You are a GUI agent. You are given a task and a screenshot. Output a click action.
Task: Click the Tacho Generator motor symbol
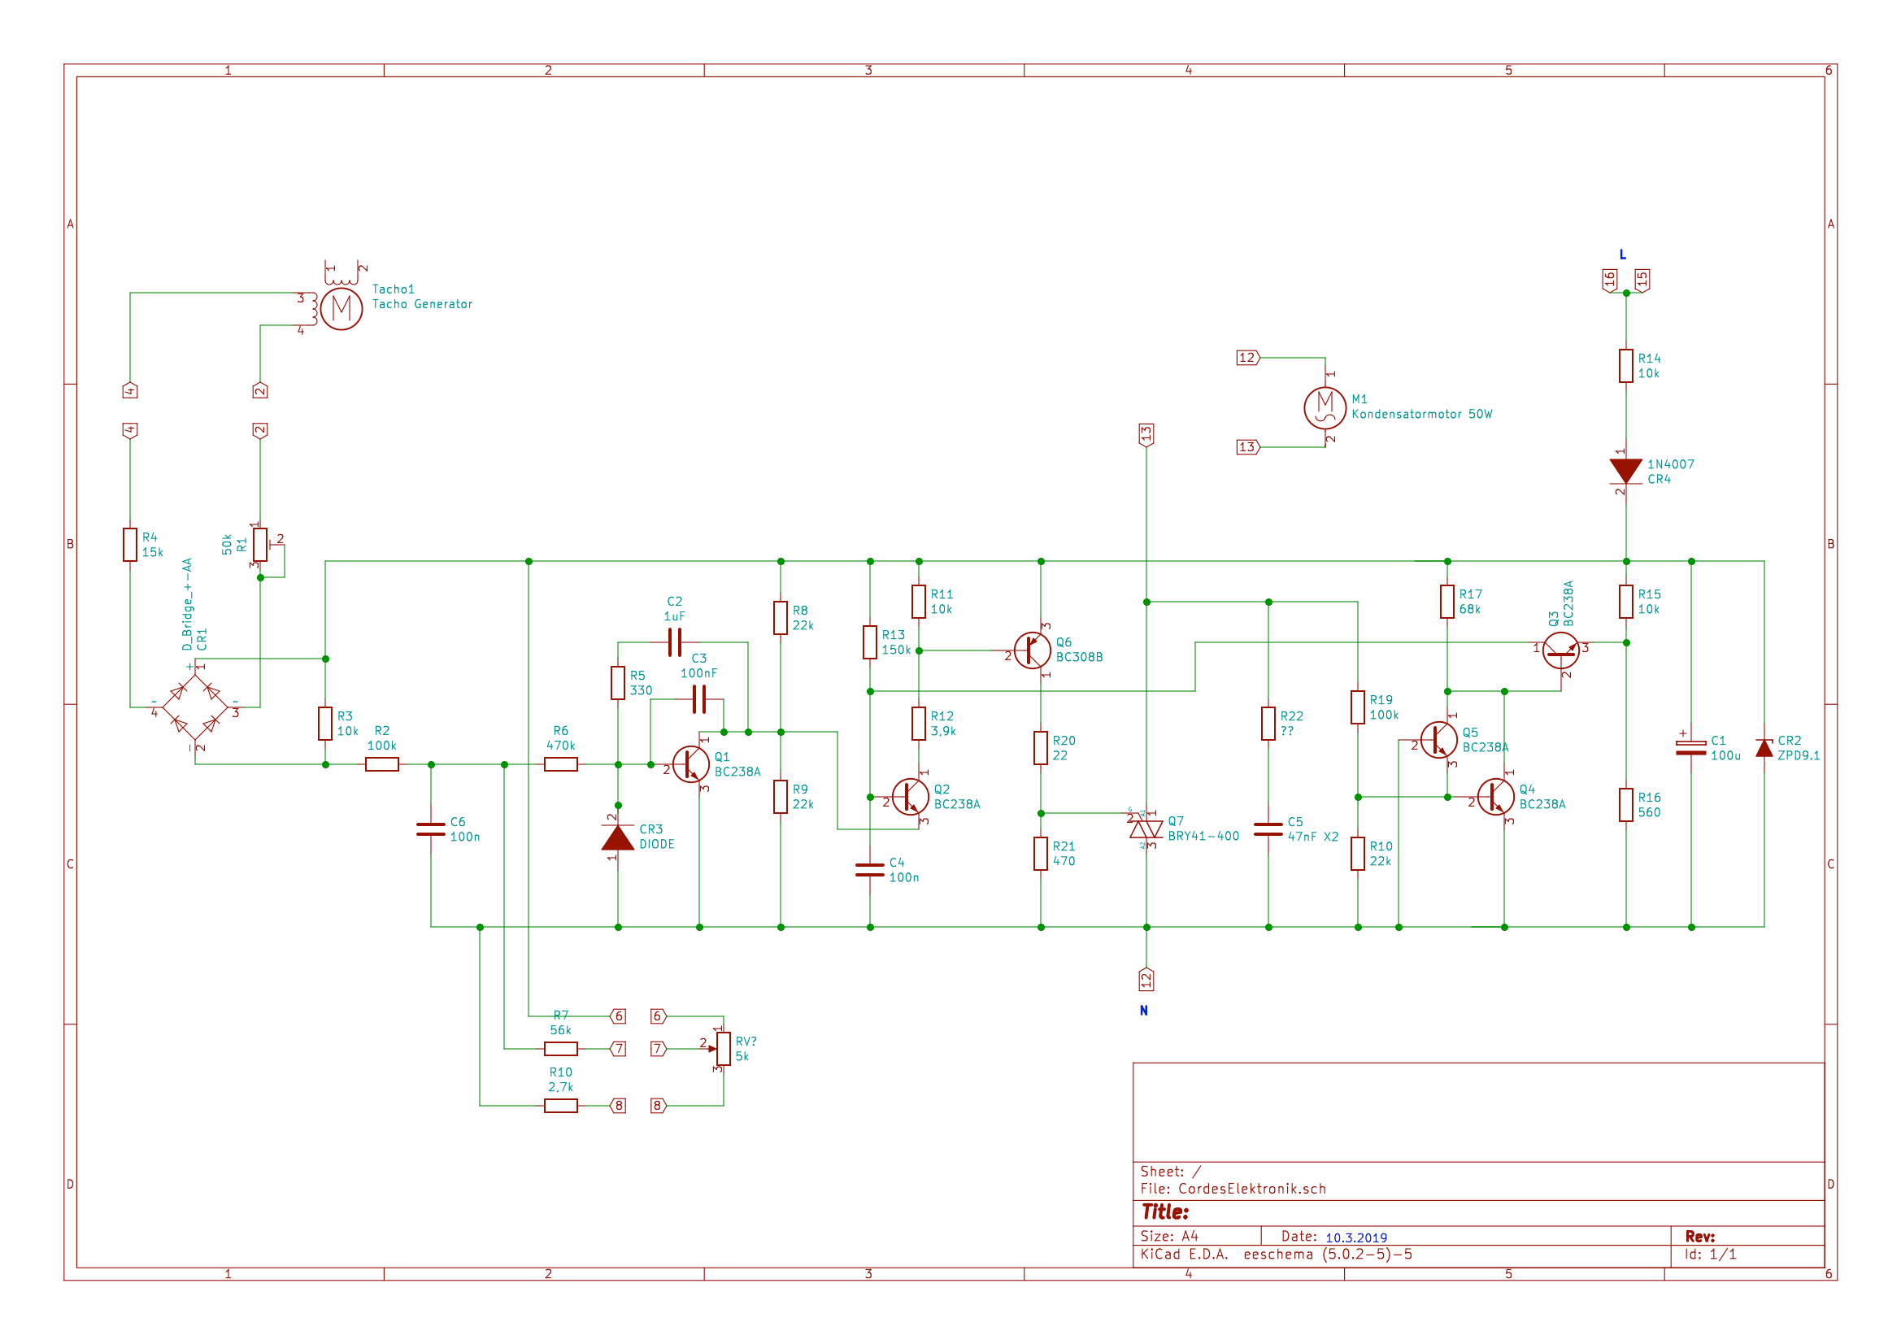[x=341, y=309]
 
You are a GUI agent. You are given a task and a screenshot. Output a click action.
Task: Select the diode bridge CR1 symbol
[x=194, y=707]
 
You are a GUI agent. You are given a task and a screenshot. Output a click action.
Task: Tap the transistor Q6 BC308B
[x=1033, y=650]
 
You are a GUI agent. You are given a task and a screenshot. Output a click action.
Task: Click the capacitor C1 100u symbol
[x=1690, y=748]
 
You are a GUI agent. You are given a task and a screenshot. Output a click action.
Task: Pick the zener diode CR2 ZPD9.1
[x=1764, y=749]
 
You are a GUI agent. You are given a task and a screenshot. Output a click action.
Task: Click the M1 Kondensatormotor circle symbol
[x=1325, y=407]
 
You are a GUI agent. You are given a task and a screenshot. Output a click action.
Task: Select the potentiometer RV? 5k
[x=724, y=1048]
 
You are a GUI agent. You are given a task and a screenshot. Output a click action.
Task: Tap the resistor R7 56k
[x=560, y=1048]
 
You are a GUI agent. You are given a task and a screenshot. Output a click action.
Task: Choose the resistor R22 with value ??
[x=1268, y=724]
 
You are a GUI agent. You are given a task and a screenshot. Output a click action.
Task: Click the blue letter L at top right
[x=1623, y=255]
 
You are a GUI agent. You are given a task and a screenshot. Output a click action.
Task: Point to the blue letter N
[x=1143, y=1011]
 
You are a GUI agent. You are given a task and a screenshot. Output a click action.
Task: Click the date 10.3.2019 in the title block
[x=1356, y=1238]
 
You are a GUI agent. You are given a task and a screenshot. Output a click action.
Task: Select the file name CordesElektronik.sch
[x=1252, y=1190]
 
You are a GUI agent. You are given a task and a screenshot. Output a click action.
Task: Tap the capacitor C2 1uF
[x=675, y=642]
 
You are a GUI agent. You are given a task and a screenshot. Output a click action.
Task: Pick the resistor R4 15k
[x=130, y=544]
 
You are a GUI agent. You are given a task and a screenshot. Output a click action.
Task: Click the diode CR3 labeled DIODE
[x=618, y=838]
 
